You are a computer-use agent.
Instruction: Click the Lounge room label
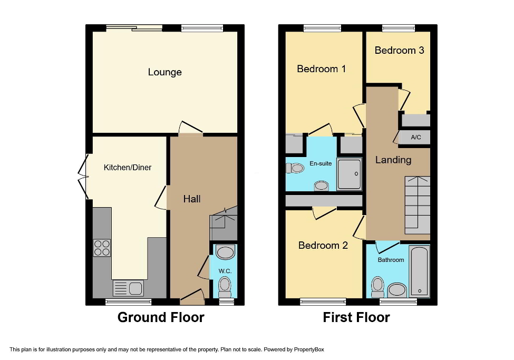click(164, 72)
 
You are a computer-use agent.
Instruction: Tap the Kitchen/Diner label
click(127, 168)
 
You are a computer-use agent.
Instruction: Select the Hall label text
click(191, 199)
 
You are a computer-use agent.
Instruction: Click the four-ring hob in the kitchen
click(101, 248)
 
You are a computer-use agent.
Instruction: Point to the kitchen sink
click(128, 288)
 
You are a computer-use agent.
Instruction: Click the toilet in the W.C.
click(225, 286)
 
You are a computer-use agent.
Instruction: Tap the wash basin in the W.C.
click(225, 252)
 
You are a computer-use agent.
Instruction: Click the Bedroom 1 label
click(321, 69)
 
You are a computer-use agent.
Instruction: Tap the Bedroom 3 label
click(399, 50)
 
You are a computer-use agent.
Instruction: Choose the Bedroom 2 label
click(323, 245)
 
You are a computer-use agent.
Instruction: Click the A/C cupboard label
click(415, 138)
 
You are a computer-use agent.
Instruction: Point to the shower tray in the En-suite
click(350, 173)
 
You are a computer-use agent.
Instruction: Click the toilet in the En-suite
click(295, 168)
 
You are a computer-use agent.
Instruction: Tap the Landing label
click(393, 160)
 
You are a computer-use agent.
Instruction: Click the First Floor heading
click(356, 317)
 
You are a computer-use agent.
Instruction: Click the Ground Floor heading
click(160, 317)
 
